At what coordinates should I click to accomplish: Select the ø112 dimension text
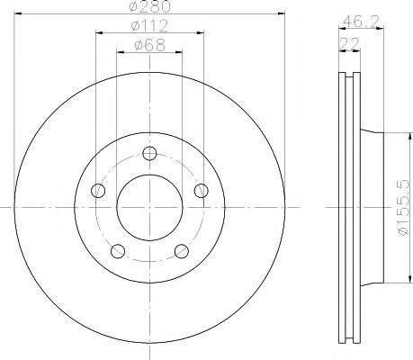[149, 25]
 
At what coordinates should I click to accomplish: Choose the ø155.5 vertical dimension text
[405, 207]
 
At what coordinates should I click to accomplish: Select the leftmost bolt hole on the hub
[97, 189]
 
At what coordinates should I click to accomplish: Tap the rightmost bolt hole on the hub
[202, 189]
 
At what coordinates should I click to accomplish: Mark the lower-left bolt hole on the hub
[117, 250]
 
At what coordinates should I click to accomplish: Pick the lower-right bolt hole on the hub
[181, 250]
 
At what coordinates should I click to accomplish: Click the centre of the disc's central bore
[149, 206]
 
